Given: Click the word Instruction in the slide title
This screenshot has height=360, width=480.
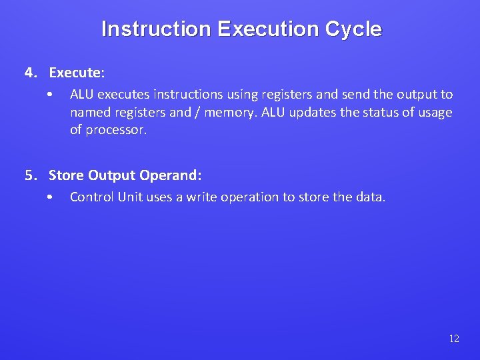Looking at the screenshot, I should pyautogui.click(x=156, y=29).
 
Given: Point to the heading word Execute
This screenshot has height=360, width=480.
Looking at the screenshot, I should pyautogui.click(x=76, y=72).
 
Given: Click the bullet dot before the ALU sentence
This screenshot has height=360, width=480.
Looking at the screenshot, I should pyautogui.click(x=50, y=95).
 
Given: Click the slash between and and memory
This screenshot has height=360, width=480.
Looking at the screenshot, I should pyautogui.click(x=197, y=112).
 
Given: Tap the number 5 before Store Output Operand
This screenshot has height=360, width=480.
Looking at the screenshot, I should pyautogui.click(x=29, y=175).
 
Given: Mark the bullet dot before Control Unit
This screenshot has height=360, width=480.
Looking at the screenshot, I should pyautogui.click(x=50, y=197).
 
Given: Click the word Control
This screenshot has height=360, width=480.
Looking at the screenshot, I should pyautogui.click(x=91, y=197).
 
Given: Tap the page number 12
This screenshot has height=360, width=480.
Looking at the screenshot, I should pyautogui.click(x=454, y=339).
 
